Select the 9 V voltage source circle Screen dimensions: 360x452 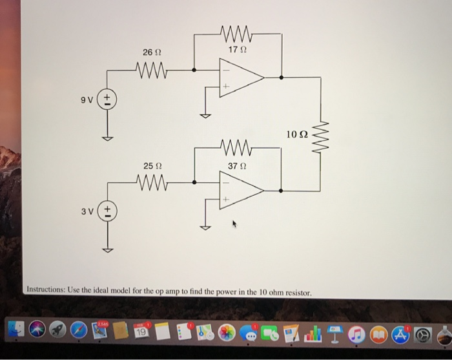point(108,100)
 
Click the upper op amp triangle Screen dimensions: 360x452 point(239,78)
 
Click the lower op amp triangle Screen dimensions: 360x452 point(239,191)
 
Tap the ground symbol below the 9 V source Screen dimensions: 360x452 point(108,138)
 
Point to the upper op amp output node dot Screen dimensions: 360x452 point(280,78)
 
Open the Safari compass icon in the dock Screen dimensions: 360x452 point(79,332)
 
